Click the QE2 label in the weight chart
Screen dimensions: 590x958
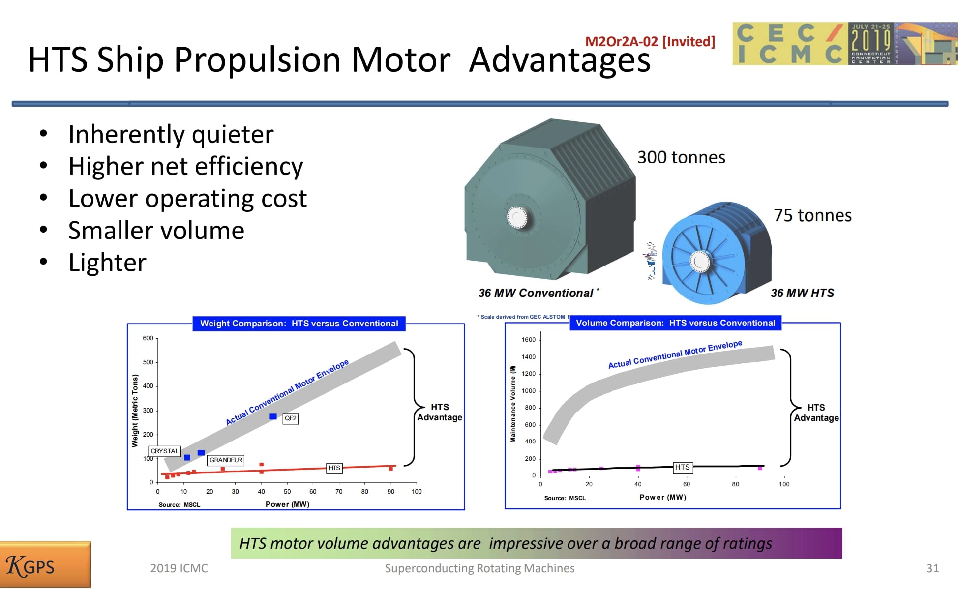(x=290, y=418)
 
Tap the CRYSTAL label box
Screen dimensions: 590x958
(x=165, y=451)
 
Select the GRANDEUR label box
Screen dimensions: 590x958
(x=226, y=460)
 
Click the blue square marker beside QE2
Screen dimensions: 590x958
(x=273, y=416)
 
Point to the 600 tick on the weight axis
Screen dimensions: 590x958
(x=148, y=338)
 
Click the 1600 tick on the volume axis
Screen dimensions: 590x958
(x=529, y=340)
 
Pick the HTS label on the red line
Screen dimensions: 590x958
(x=334, y=468)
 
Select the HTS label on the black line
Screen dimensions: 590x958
(x=682, y=467)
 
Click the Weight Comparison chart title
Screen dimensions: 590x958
(x=299, y=324)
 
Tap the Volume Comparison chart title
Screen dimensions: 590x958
(x=675, y=323)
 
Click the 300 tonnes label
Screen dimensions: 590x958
(x=681, y=157)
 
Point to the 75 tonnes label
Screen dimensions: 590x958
(x=812, y=215)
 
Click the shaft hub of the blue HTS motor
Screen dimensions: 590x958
(x=700, y=262)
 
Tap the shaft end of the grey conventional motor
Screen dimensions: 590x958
(x=517, y=217)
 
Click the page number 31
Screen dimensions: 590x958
(x=932, y=568)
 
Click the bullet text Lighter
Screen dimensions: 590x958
(x=107, y=262)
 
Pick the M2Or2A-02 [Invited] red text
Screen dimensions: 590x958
(x=650, y=41)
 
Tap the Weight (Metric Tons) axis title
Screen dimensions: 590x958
(x=135, y=411)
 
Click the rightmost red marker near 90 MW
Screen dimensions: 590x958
(x=391, y=469)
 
